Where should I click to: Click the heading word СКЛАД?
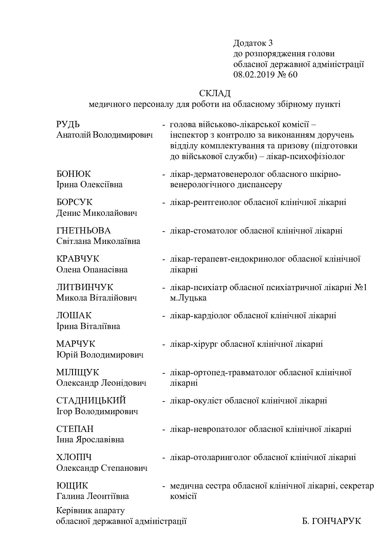215,93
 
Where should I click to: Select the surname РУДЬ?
68,124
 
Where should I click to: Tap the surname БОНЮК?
73,174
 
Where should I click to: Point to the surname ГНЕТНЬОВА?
83,231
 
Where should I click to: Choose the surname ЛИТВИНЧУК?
84,287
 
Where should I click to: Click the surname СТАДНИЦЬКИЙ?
91,401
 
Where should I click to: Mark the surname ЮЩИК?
72,486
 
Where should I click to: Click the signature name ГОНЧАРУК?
336,521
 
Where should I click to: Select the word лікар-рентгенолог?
205,202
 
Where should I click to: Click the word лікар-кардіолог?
201,315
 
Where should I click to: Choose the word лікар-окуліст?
196,401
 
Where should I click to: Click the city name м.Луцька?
188,298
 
